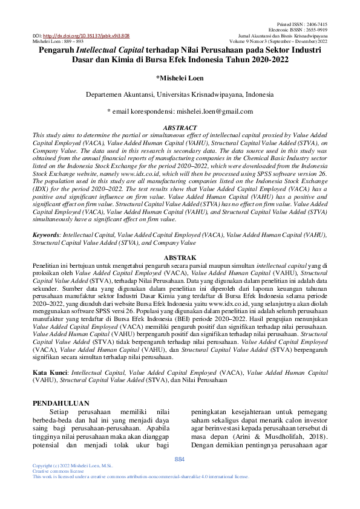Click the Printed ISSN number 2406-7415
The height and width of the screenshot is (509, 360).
tap(318, 24)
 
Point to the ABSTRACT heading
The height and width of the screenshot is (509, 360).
tap(180, 128)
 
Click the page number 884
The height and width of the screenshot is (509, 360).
tap(180, 459)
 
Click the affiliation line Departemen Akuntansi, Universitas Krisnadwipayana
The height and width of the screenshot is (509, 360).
tap(180, 95)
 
